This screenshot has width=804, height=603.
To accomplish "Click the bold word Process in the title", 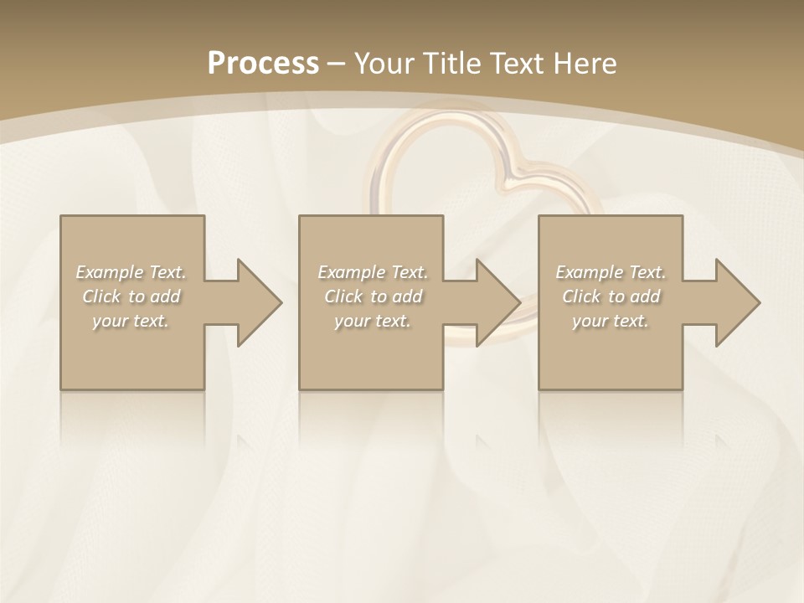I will pos(263,63).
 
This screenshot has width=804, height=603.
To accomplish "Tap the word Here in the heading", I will pos(586,63).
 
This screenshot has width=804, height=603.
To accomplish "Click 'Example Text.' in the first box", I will pos(131,272).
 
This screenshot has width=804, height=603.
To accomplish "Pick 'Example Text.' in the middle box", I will pos(373,272).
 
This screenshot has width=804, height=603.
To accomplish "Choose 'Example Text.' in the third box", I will pos(611,272).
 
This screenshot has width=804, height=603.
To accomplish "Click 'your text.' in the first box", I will pos(131,321).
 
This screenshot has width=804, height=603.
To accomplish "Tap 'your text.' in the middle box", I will pos(373,321).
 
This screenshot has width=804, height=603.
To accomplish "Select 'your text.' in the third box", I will pos(611,321).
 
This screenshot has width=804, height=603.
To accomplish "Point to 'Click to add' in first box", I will pos(131,296).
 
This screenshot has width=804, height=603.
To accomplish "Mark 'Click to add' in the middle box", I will pos(373,296).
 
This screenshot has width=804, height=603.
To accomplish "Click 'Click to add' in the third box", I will pos(611,296).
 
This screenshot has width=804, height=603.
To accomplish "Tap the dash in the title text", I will pos(337,64).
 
